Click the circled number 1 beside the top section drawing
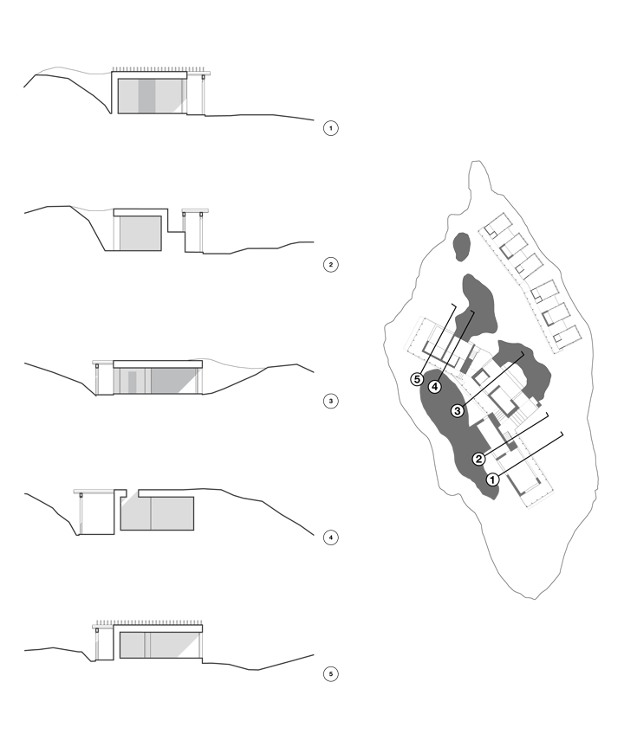330,128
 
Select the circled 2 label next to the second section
330,265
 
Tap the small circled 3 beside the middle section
330,402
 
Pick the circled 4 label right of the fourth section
330,538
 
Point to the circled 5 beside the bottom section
330,673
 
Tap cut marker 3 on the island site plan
457,410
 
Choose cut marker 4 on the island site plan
435,386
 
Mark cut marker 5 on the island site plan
418,378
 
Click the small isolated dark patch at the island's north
460,245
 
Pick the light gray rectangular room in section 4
156,512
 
